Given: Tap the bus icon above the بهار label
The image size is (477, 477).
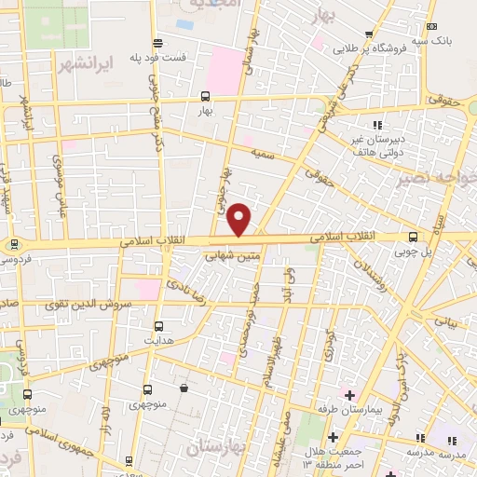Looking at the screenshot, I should coord(205,96).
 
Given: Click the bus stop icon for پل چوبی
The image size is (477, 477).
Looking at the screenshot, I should coord(413,238).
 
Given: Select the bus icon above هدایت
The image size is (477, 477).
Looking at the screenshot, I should coord(158,326).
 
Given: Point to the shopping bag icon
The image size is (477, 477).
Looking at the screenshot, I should coord(184,388).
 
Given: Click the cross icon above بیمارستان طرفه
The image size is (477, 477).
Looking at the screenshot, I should coord(348,395).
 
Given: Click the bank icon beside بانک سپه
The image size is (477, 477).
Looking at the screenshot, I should coord(430,27).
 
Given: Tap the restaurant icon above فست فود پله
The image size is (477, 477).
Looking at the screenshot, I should coord(157,42).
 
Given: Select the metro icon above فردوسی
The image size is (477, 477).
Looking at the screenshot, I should coord(13,245).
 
